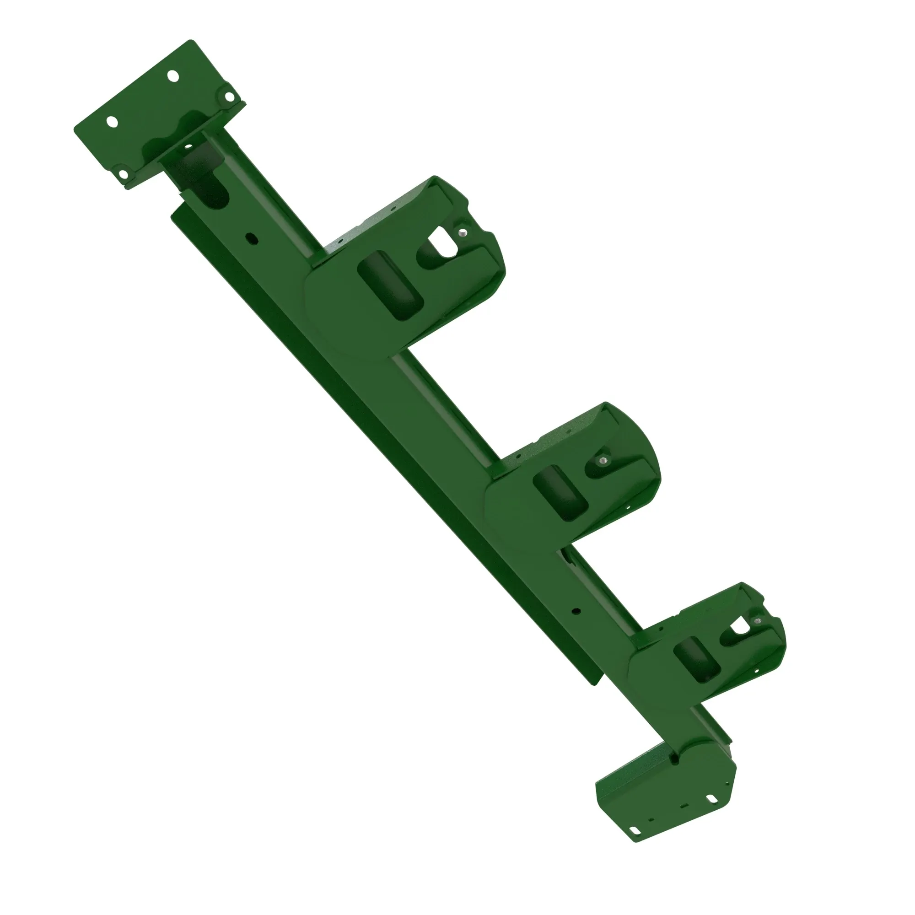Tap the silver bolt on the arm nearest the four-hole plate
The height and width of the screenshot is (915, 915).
click(x=462, y=232)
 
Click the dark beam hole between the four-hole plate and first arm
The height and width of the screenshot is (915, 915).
click(x=251, y=238)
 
